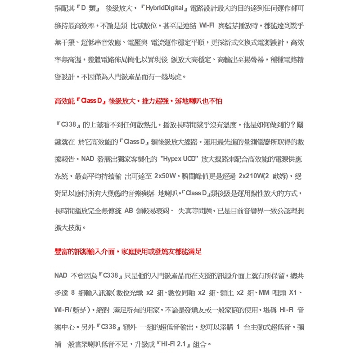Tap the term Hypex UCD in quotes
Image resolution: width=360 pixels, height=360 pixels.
(x=180, y=159)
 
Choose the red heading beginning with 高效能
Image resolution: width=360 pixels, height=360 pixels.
(x=138, y=101)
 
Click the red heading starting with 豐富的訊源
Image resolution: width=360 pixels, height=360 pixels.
(x=128, y=252)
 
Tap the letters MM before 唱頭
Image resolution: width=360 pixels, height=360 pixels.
(x=264, y=293)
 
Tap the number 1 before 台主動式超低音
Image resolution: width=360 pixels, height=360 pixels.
(x=238, y=327)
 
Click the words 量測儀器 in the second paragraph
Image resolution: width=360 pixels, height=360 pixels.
(x=256, y=142)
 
